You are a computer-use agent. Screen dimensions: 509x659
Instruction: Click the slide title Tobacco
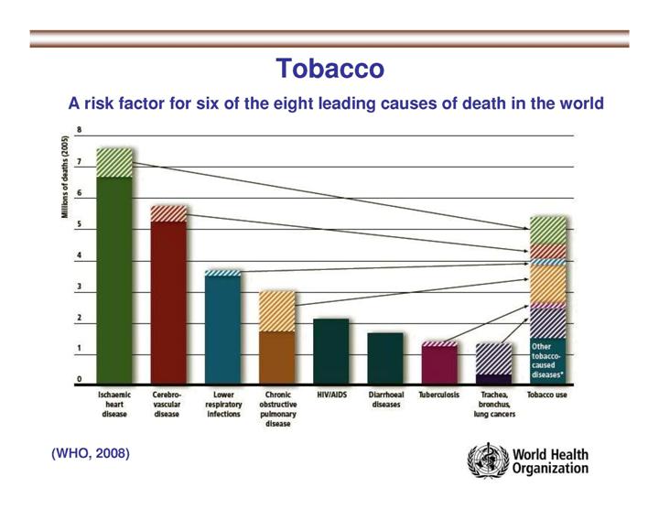pyautogui.click(x=329, y=69)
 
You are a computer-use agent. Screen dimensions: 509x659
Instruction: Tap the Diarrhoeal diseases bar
pyautogui.click(x=385, y=358)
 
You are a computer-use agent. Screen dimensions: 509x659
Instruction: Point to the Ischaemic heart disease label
pyautogui.click(x=114, y=404)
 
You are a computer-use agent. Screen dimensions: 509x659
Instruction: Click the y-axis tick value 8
pyautogui.click(x=79, y=131)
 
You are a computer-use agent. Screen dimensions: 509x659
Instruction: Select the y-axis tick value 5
pyautogui.click(x=79, y=225)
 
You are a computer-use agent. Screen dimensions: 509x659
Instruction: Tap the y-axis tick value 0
pyautogui.click(x=79, y=379)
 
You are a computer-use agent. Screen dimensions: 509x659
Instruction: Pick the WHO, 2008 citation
pyautogui.click(x=91, y=453)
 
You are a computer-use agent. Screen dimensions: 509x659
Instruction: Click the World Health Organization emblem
pyautogui.click(x=485, y=460)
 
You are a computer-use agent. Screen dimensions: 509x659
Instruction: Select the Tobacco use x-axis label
pyautogui.click(x=547, y=395)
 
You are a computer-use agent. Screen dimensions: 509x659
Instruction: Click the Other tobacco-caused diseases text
pyautogui.click(x=547, y=359)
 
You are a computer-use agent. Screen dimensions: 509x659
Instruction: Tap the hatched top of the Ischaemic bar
pyautogui.click(x=114, y=162)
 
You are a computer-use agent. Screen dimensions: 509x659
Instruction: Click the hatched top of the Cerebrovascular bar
pyautogui.click(x=168, y=213)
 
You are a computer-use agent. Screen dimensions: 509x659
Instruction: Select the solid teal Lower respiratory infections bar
pyautogui.click(x=222, y=330)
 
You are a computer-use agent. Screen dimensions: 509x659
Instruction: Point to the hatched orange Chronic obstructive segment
pyautogui.click(x=277, y=310)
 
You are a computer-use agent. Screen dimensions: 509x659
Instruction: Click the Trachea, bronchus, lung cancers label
pyautogui.click(x=494, y=404)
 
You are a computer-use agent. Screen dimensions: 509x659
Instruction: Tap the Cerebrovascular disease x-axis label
pyautogui.click(x=167, y=404)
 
